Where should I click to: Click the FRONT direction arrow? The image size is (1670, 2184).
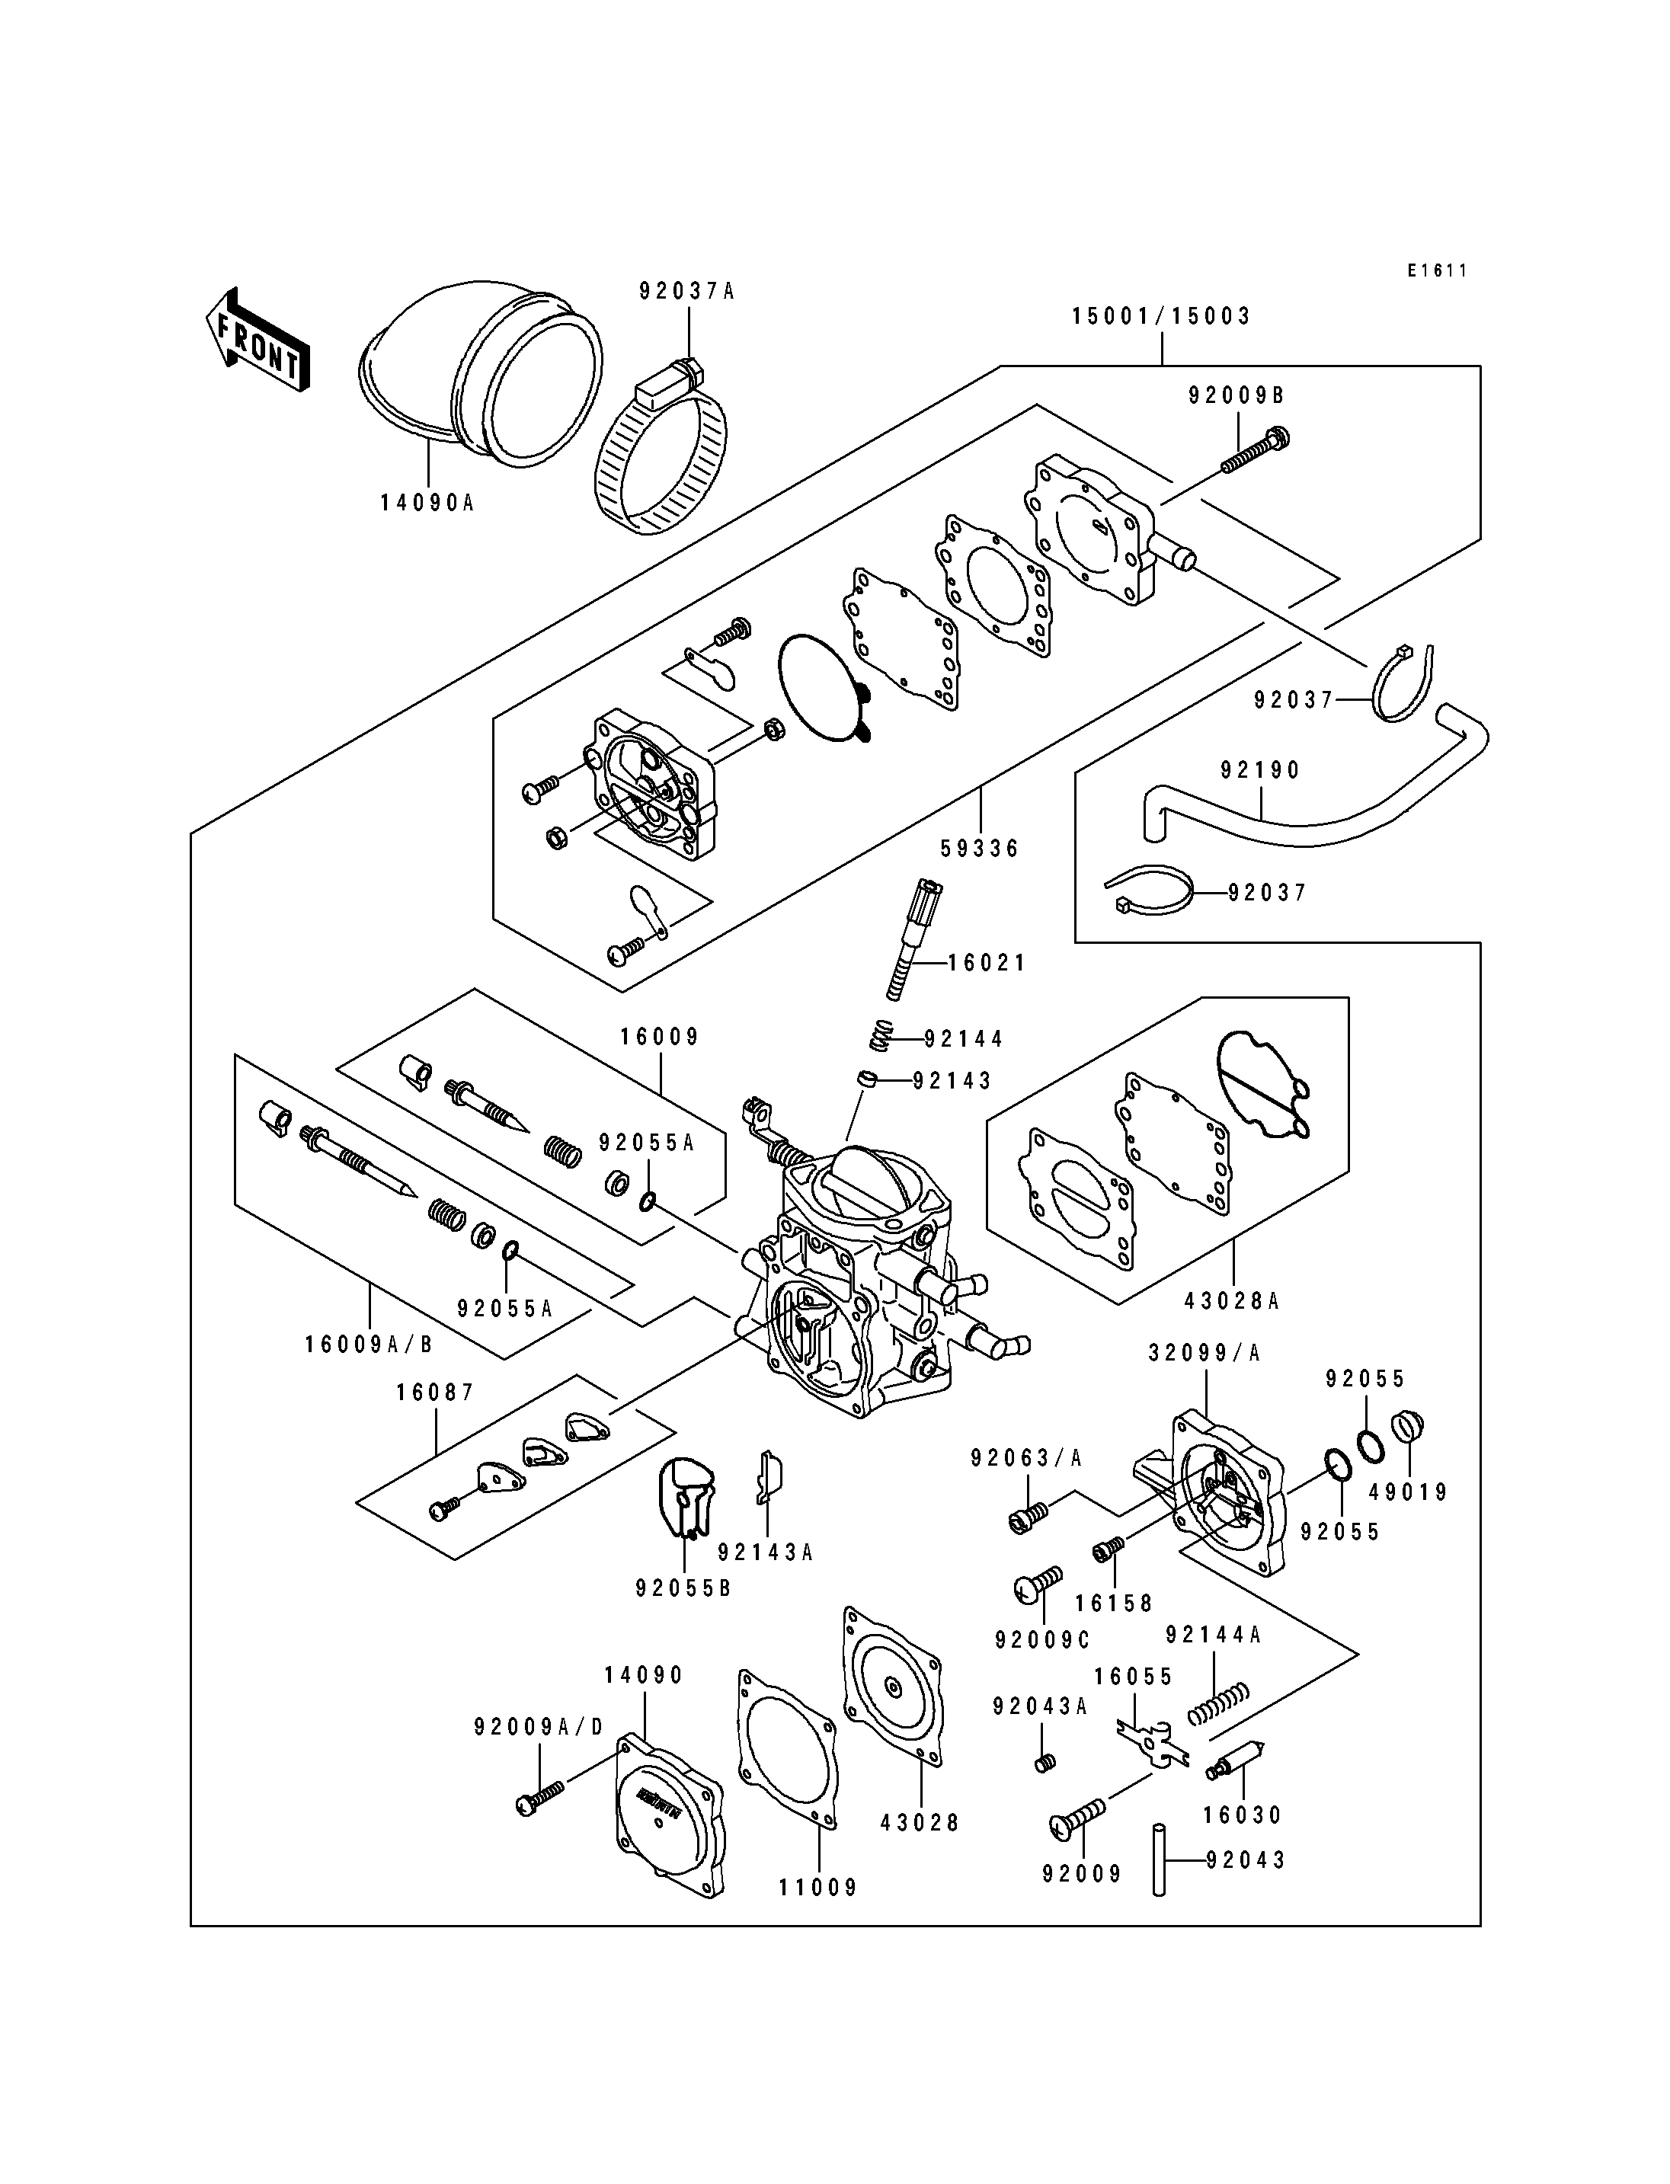(x=258, y=341)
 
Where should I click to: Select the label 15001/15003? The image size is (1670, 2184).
(x=1161, y=316)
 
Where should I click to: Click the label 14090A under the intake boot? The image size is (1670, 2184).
(x=427, y=503)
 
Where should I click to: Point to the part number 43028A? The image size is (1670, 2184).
(x=1233, y=1300)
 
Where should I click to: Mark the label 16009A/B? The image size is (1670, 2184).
(x=370, y=1344)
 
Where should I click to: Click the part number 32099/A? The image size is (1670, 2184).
(x=1204, y=1353)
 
